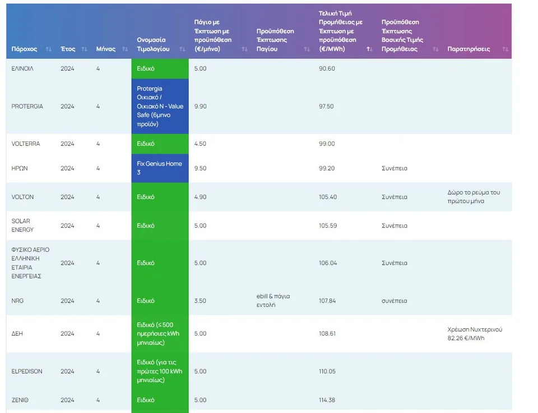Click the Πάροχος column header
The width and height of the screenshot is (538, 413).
tap(25, 49)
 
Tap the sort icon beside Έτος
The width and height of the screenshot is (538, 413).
tap(84, 49)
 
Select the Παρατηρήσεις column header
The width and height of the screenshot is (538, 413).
tap(469, 49)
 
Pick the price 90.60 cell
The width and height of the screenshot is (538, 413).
tap(327, 68)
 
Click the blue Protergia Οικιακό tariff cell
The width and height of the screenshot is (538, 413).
tap(160, 106)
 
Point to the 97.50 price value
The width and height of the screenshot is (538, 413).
tap(327, 106)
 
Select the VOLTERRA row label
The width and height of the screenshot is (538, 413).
tap(26, 144)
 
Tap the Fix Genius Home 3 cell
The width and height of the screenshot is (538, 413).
tap(160, 168)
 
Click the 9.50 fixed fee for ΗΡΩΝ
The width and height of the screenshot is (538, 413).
tap(200, 168)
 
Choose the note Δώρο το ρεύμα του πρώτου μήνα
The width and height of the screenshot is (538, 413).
tap(474, 197)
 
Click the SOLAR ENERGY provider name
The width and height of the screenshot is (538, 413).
tap(22, 226)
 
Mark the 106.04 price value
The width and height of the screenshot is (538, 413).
tap(328, 263)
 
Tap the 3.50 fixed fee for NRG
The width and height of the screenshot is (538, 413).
tap(200, 301)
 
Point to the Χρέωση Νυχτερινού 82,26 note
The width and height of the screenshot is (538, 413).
tap(475, 333)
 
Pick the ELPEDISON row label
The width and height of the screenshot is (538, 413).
tap(27, 371)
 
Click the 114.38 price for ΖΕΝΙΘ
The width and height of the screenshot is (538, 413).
tap(327, 400)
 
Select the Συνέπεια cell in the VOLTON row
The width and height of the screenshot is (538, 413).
tap(395, 197)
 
